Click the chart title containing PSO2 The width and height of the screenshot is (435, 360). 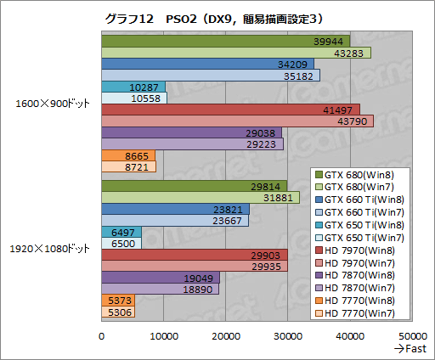click(217, 16)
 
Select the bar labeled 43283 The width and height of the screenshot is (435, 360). click(235, 53)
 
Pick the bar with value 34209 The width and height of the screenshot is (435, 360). click(207, 64)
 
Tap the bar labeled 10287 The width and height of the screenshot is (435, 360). click(133, 87)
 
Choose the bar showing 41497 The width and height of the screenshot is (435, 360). click(229, 110)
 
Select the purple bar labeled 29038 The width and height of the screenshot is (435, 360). click(191, 132)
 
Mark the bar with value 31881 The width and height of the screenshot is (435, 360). click(200, 198)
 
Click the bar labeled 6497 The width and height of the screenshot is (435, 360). click(121, 232)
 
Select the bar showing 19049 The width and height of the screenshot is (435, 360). click(160, 278)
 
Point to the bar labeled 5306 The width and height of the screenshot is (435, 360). click(117, 312)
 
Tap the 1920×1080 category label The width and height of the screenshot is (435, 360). click(48, 249)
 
